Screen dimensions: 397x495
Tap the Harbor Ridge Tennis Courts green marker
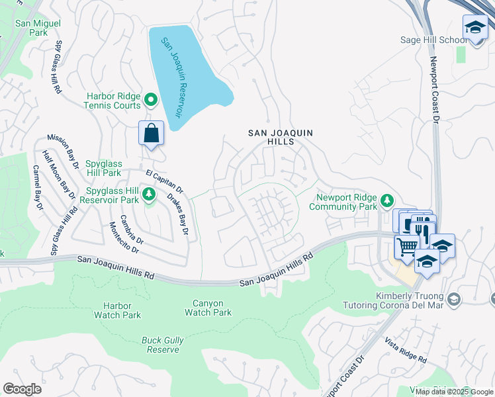click(151, 101)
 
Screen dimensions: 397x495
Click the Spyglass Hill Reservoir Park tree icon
click(149, 194)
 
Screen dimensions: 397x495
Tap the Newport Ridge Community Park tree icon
click(387, 200)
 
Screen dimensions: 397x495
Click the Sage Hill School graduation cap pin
click(474, 28)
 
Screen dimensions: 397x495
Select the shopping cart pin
click(407, 246)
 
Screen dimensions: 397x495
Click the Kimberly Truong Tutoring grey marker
click(453, 300)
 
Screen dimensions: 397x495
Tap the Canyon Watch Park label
click(212, 308)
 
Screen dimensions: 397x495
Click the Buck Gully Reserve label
click(163, 345)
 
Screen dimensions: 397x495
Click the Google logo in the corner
click(22, 389)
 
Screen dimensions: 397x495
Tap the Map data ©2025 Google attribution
click(453, 392)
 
